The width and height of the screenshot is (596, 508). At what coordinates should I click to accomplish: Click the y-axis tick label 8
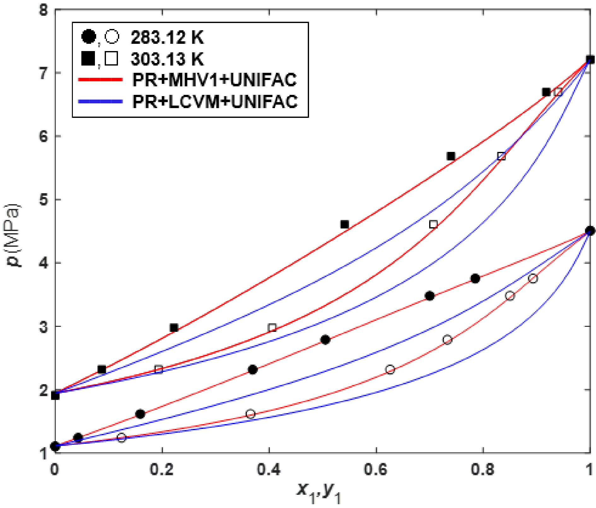click(44, 10)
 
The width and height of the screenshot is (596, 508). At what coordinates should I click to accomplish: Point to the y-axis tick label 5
click(44, 200)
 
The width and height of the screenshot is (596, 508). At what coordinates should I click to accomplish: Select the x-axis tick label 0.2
click(162, 469)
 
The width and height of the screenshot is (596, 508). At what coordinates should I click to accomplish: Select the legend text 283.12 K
click(167, 38)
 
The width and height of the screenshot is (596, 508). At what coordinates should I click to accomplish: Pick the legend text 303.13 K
click(167, 59)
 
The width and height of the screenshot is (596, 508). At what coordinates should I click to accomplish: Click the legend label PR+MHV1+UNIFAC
click(214, 80)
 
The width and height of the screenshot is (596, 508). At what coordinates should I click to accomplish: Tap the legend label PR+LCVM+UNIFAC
click(215, 101)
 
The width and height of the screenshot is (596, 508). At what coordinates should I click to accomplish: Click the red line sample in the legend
click(100, 80)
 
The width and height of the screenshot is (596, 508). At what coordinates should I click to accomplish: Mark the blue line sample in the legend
click(100, 101)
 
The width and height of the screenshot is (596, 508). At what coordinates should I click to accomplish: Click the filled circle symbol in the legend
click(89, 37)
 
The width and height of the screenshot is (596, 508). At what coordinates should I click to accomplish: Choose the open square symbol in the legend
click(111, 59)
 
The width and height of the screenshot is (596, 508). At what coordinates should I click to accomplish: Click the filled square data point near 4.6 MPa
click(344, 225)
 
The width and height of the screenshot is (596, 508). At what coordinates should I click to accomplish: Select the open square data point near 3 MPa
click(272, 328)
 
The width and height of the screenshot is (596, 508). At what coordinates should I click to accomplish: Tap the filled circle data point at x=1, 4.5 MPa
click(590, 231)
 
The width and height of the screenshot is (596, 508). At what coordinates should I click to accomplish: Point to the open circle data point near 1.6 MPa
click(250, 414)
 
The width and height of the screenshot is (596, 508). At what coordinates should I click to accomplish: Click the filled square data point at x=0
click(55, 395)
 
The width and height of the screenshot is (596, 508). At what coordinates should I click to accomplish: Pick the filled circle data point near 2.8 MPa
click(325, 340)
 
